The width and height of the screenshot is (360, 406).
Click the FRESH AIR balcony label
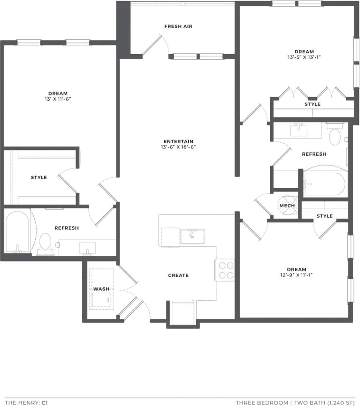coord(178,26)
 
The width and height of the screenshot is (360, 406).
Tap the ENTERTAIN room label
coord(178,142)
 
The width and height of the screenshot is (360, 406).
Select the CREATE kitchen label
coord(178,276)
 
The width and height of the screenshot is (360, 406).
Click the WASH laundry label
coord(101,289)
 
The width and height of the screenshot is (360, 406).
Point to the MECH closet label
coord(287,206)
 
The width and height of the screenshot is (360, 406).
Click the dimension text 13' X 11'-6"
coord(58,99)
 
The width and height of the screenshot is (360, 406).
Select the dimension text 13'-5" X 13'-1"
coord(304,57)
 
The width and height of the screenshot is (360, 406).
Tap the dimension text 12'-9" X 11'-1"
coord(297,275)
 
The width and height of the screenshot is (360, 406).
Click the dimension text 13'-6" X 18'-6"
coord(178,147)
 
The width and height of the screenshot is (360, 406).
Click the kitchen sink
coord(192,236)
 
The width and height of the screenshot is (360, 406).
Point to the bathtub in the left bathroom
coord(17,233)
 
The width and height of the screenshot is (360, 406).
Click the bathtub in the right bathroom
coord(324,184)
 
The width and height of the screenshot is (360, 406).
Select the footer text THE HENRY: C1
coord(26,402)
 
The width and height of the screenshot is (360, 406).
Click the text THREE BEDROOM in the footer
coord(261,402)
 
